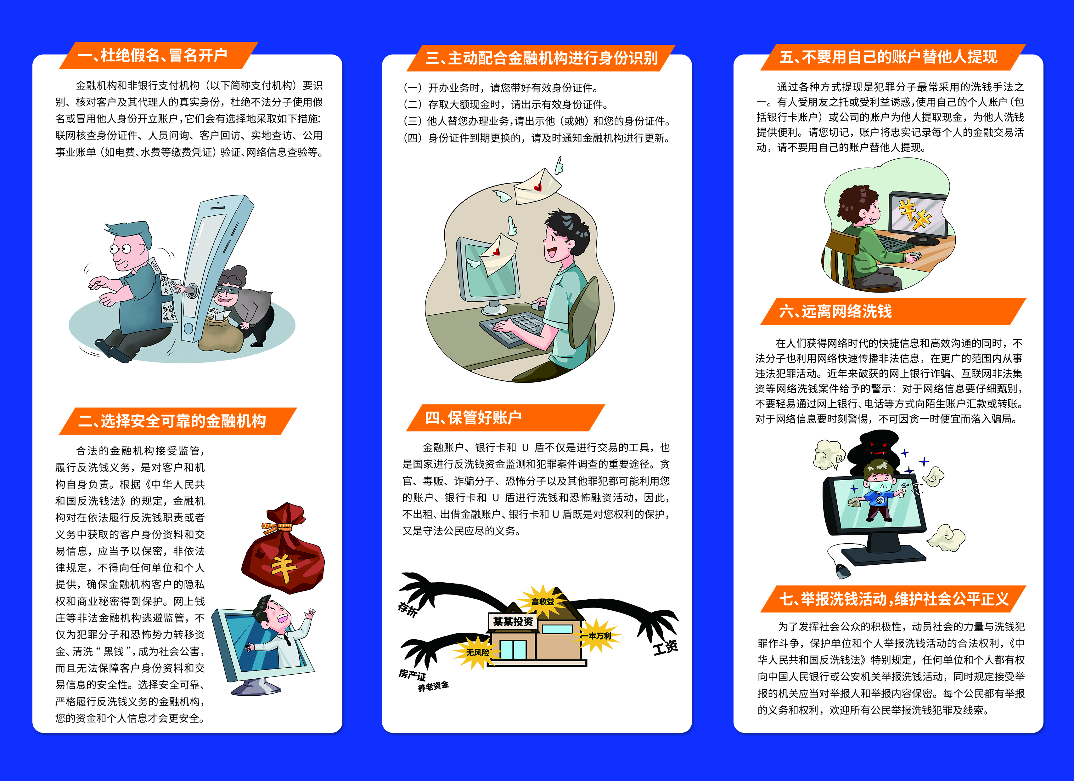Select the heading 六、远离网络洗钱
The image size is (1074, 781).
coord(835,311)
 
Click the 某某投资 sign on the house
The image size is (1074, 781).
coord(513,621)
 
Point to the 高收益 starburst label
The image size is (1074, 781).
coord(543,601)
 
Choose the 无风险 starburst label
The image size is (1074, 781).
coord(477,653)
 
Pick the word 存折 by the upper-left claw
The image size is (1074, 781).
coord(408,609)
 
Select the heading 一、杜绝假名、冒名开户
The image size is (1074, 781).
coord(153,55)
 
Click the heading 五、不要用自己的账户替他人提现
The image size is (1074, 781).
coord(888,57)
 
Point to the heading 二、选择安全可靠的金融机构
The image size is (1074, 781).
coord(172,421)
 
